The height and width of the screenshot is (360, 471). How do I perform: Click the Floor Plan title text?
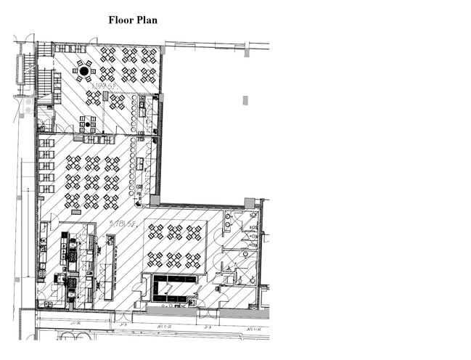(x=133, y=20)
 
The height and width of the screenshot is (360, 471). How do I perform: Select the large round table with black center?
(x=84, y=71)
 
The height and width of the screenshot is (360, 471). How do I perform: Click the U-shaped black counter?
(x=172, y=287)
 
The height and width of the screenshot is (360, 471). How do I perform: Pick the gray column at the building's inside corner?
(x=155, y=200)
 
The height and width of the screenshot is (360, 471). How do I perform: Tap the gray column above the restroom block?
(x=250, y=202)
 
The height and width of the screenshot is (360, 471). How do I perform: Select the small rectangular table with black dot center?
(x=87, y=124)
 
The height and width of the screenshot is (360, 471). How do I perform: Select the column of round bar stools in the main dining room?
(x=133, y=167)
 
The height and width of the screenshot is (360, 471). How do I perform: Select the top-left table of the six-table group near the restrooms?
(x=155, y=232)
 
